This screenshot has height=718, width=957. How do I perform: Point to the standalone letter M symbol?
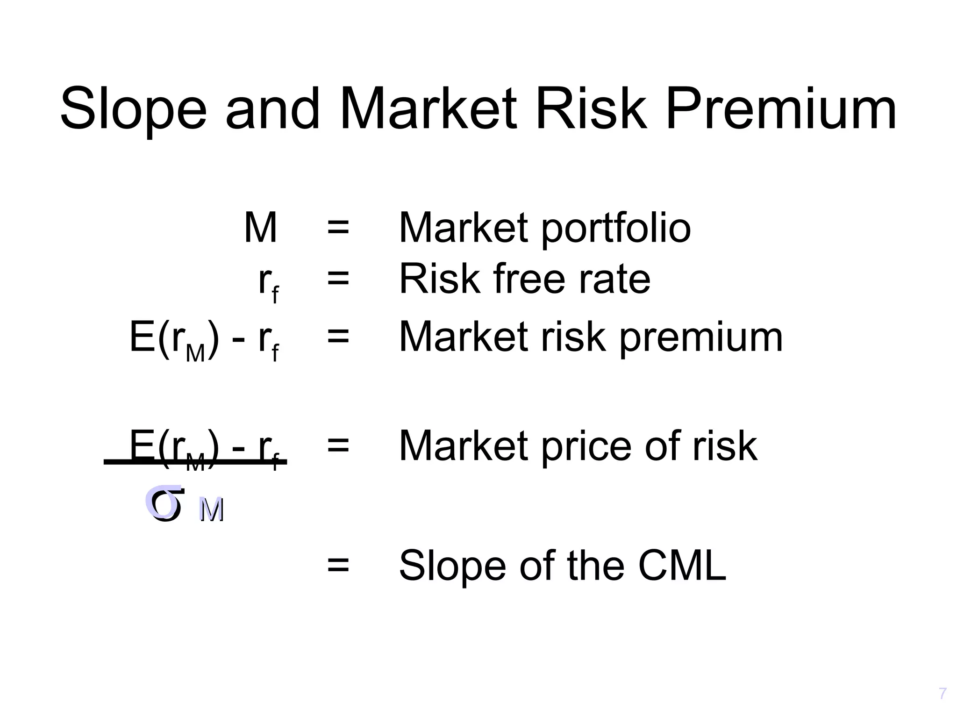point(261,228)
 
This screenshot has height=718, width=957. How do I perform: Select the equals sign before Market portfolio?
point(338,229)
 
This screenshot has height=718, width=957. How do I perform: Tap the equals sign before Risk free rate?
point(338,280)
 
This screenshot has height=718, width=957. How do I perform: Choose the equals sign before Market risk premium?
point(338,337)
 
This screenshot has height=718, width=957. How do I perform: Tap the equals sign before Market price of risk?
point(338,445)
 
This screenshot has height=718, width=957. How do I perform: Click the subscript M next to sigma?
point(212,510)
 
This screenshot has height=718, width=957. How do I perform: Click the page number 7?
point(943,694)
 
